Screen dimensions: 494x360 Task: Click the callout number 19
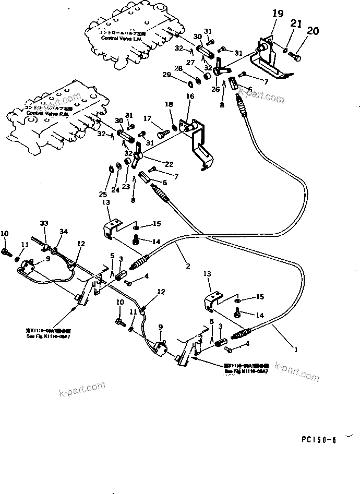[278, 15]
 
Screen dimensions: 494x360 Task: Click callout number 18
[168, 105]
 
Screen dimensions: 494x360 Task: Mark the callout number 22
[168, 164]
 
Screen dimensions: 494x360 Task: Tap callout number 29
[181, 76]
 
